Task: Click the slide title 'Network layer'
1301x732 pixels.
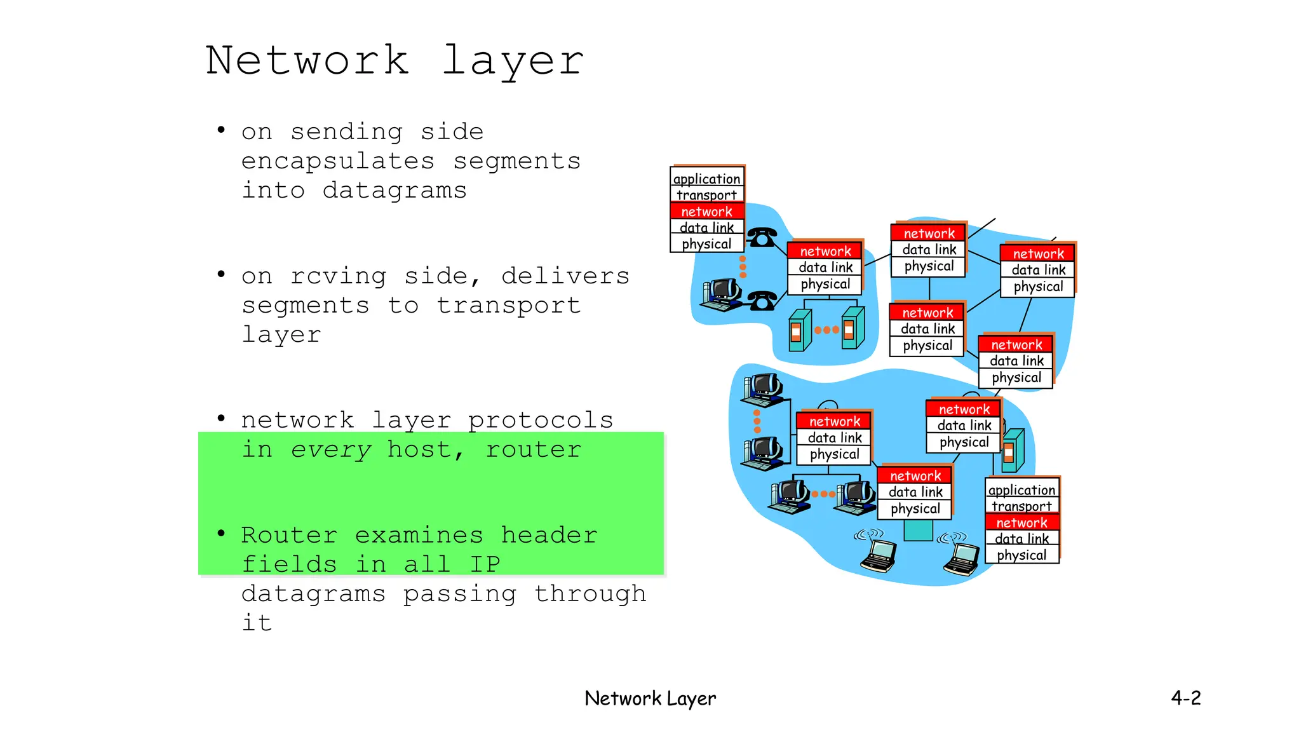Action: (394, 60)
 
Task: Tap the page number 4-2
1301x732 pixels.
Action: (1185, 698)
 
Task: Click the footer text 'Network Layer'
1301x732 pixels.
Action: (650, 698)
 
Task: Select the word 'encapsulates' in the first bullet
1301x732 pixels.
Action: (338, 161)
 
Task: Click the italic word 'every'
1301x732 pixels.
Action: (331, 449)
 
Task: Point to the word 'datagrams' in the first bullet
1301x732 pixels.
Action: (394, 191)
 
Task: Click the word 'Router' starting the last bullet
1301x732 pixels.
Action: (289, 535)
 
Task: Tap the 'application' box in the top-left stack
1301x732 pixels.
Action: (706, 179)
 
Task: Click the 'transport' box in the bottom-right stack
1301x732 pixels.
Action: (1021, 506)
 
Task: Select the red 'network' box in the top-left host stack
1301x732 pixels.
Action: (706, 211)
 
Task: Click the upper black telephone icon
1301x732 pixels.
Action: (761, 237)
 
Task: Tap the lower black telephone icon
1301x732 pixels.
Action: (762, 300)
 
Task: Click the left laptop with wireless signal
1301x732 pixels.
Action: (879, 555)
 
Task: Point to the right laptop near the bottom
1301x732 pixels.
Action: (962, 558)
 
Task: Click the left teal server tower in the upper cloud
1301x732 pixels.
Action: (799, 330)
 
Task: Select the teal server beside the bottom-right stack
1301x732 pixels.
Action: (1013, 450)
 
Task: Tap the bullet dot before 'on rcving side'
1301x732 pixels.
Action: (221, 274)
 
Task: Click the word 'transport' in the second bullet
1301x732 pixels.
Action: (508, 306)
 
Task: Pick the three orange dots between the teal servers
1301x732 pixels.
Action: (826, 330)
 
